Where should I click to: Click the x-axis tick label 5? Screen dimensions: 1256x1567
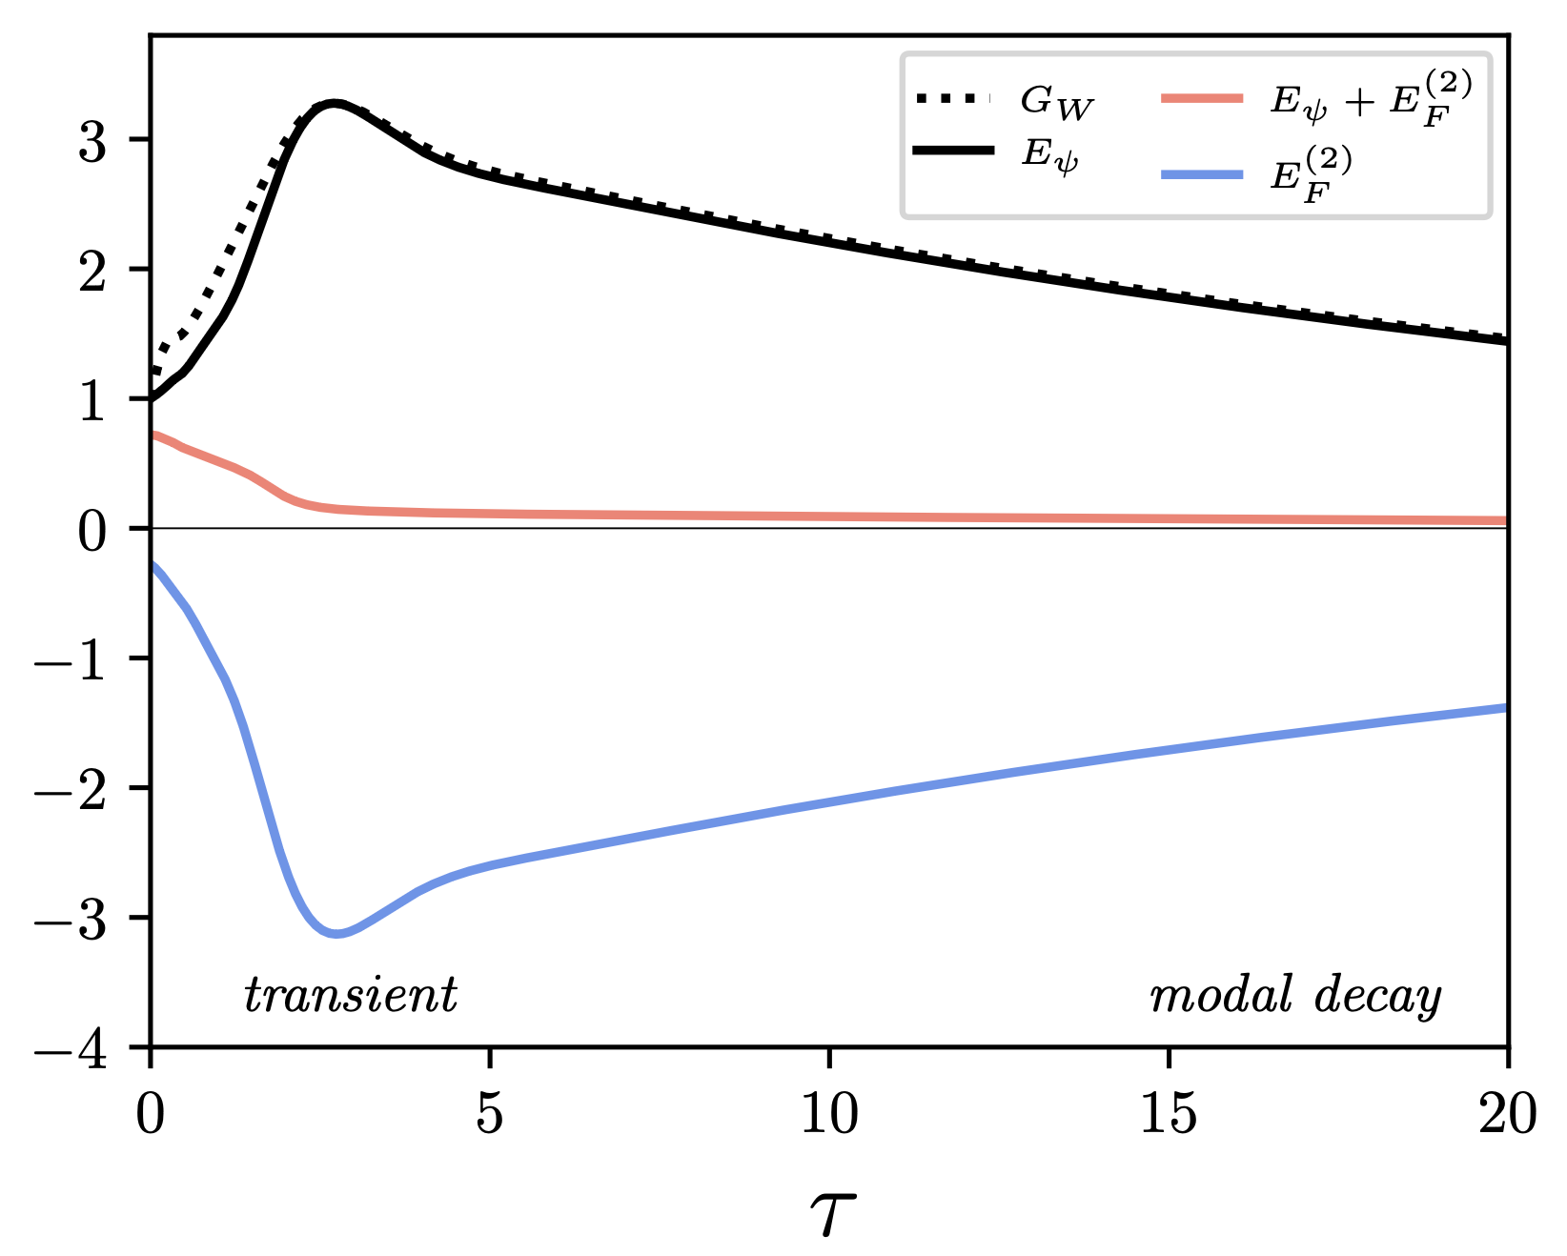click(490, 1113)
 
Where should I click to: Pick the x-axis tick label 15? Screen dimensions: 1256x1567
click(1169, 1113)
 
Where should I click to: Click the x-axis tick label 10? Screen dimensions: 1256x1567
click(829, 1113)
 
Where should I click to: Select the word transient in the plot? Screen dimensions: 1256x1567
click(351, 996)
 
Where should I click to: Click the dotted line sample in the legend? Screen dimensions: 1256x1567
click(953, 98)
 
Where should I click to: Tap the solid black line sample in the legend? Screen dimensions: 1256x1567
click(953, 151)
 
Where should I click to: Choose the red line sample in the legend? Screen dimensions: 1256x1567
click(1202, 97)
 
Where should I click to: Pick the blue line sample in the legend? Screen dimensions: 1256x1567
click(1202, 173)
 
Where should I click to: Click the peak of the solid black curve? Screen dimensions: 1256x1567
click(333, 103)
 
